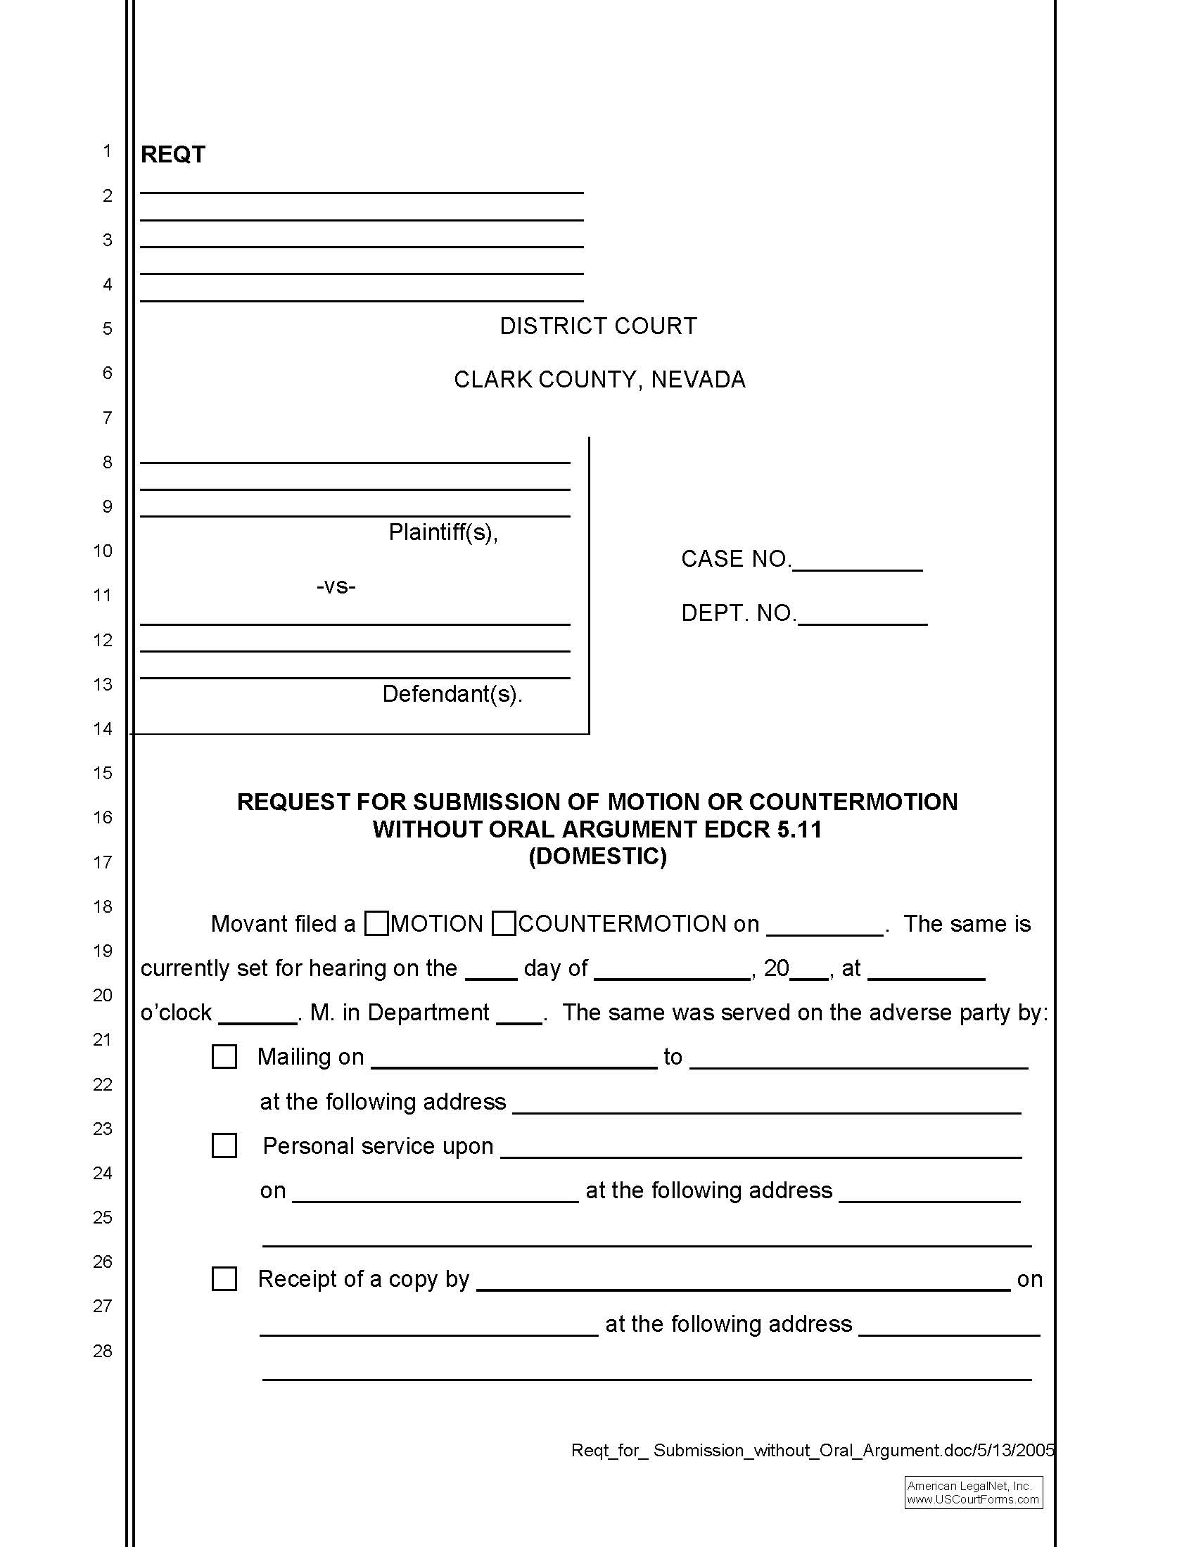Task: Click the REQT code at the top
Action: pyautogui.click(x=173, y=155)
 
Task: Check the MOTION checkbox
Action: pyautogui.click(x=376, y=924)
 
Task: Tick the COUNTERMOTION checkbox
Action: pyautogui.click(x=504, y=924)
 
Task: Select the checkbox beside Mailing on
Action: pyautogui.click(x=224, y=1057)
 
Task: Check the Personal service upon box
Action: pyautogui.click(x=224, y=1145)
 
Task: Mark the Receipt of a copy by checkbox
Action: pyautogui.click(x=224, y=1278)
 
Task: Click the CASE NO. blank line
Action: pyautogui.click(x=857, y=564)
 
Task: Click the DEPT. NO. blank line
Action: pyautogui.click(x=863, y=617)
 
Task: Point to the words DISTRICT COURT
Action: pyautogui.click(x=598, y=326)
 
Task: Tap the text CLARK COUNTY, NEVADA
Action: pyautogui.click(x=599, y=380)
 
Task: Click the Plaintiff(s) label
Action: pyautogui.click(x=443, y=532)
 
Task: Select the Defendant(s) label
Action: pyautogui.click(x=452, y=693)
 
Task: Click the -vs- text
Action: pyautogui.click(x=336, y=586)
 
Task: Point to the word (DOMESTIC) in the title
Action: pyautogui.click(x=597, y=856)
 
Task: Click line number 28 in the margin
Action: pyautogui.click(x=103, y=1351)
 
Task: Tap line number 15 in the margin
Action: pyautogui.click(x=103, y=773)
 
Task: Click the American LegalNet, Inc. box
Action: pyautogui.click(x=973, y=1492)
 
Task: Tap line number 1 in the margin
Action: pyautogui.click(x=107, y=151)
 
